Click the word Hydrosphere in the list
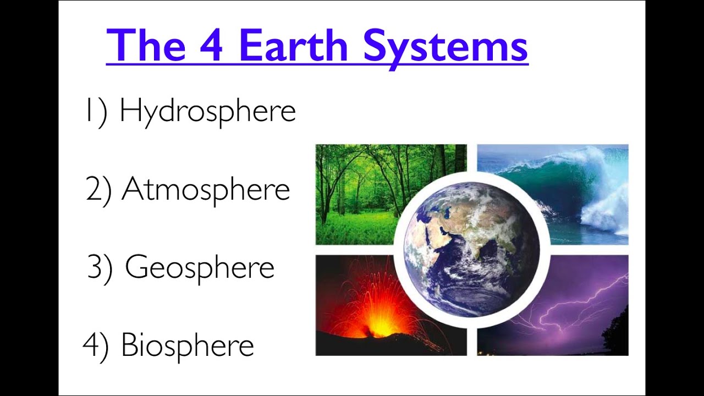207,111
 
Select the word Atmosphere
206,190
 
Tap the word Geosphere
199,268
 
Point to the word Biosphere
187,345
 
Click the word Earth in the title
293,46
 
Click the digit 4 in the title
212,46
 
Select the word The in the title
146,46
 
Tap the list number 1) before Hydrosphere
96,111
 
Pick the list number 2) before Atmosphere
99,190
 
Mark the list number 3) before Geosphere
100,268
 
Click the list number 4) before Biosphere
96,345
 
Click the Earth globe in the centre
471,249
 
